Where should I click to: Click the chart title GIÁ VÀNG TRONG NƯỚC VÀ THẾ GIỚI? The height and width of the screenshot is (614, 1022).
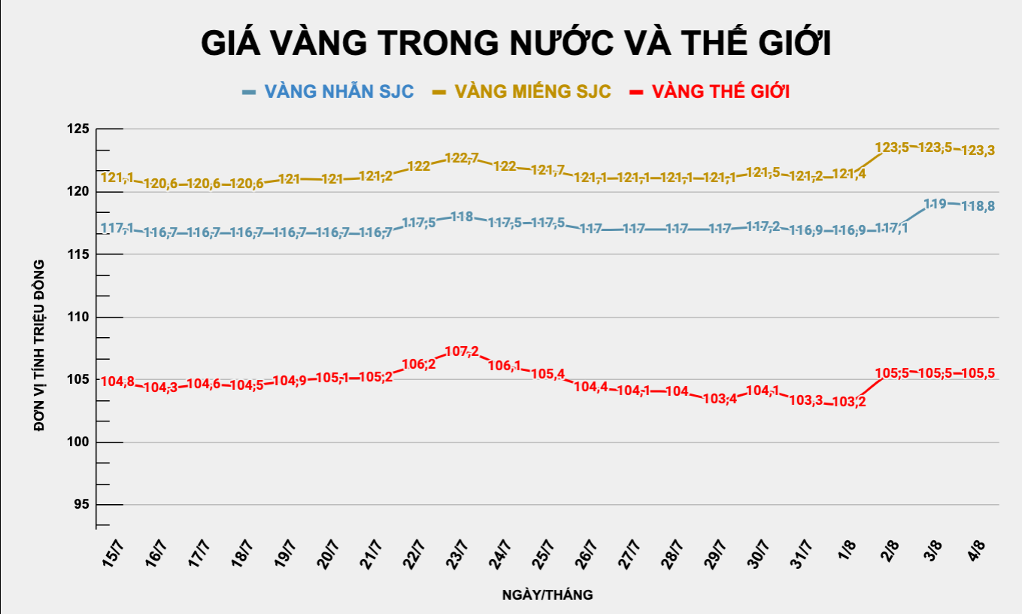515,43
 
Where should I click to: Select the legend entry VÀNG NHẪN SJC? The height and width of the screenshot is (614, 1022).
338,92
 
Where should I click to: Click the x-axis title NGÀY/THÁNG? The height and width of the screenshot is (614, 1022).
547,595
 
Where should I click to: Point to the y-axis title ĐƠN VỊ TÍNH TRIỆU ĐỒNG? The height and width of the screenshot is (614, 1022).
40,345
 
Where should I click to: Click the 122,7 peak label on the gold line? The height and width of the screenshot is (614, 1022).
462,158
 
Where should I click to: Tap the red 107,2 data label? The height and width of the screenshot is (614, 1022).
462,352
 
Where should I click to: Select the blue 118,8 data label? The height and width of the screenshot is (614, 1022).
978,205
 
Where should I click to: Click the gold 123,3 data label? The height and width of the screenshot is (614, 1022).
978,150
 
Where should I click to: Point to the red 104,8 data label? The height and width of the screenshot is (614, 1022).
117,381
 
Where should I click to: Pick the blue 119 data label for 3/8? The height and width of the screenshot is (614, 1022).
935,203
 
